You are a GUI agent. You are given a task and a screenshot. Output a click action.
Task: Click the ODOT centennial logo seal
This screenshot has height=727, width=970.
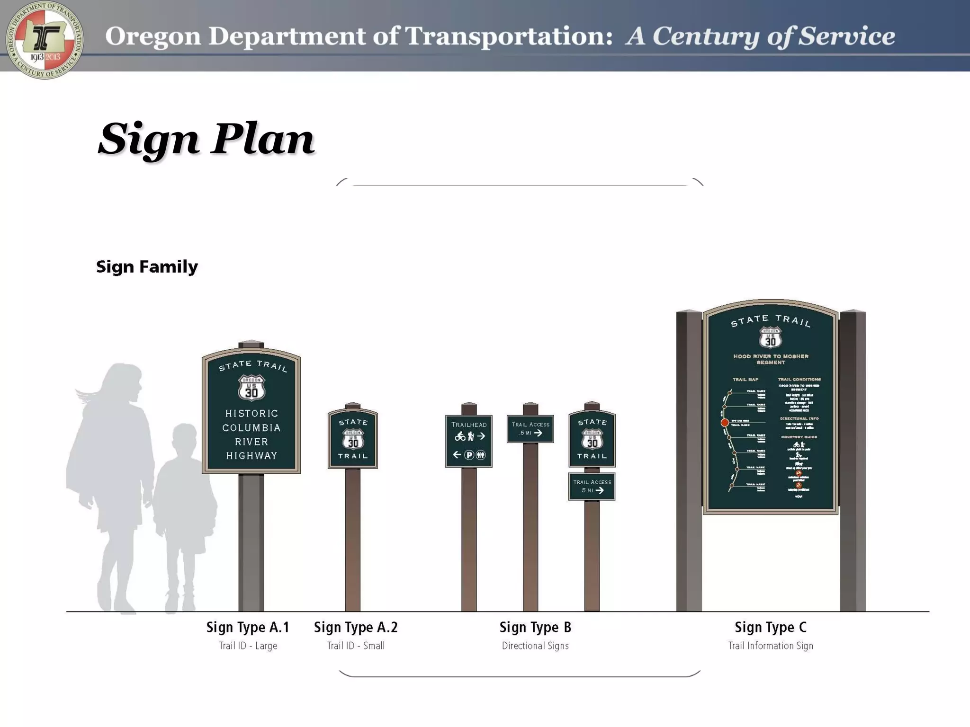45,40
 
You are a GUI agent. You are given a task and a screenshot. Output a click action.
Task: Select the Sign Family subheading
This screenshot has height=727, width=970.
147,267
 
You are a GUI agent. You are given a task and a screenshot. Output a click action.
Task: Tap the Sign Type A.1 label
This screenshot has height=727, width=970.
248,628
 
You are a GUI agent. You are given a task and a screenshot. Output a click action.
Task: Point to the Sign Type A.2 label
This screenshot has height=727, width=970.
356,628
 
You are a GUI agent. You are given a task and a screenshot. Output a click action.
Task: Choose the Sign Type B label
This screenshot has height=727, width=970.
535,628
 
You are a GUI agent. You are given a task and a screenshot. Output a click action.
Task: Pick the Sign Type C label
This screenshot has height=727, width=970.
771,628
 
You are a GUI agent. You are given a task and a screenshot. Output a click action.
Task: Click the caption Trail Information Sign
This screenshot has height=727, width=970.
771,646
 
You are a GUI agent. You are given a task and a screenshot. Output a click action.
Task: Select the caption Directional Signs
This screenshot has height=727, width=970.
535,646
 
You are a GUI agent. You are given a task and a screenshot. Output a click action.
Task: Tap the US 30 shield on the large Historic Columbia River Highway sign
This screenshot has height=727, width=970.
251,388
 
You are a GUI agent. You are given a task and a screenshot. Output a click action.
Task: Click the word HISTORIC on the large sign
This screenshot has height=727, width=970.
251,414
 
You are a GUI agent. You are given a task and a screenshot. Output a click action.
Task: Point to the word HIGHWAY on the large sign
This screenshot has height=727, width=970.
251,456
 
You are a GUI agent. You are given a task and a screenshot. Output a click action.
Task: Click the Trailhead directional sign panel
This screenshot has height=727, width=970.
468,441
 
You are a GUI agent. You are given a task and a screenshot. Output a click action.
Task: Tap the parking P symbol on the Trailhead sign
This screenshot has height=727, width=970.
469,455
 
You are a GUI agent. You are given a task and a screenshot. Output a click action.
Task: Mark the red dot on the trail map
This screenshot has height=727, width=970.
725,423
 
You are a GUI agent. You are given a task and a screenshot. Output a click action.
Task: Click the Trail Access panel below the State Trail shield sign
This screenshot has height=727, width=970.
592,487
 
